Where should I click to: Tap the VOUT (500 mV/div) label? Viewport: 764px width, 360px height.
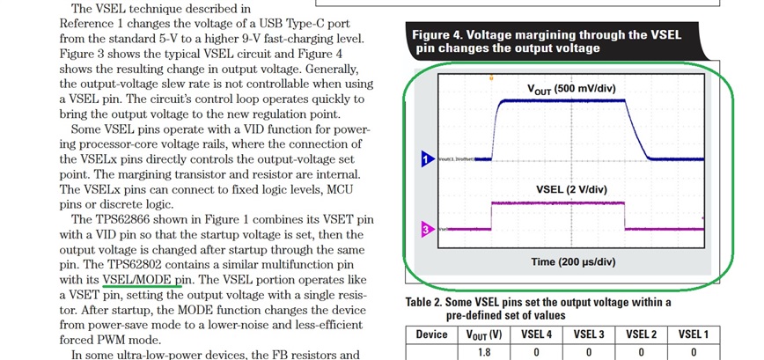[x=569, y=89]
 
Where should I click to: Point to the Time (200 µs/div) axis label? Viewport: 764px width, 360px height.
[x=573, y=261]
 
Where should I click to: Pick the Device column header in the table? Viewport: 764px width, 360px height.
[x=431, y=334]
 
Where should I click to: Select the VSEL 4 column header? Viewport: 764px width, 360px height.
[x=536, y=334]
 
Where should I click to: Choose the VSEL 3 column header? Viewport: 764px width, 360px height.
[x=588, y=334]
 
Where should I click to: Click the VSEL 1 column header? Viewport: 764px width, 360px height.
[x=693, y=334]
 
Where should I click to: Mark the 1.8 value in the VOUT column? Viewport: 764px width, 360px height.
[x=483, y=353]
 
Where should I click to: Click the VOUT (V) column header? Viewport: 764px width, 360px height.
[x=483, y=334]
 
